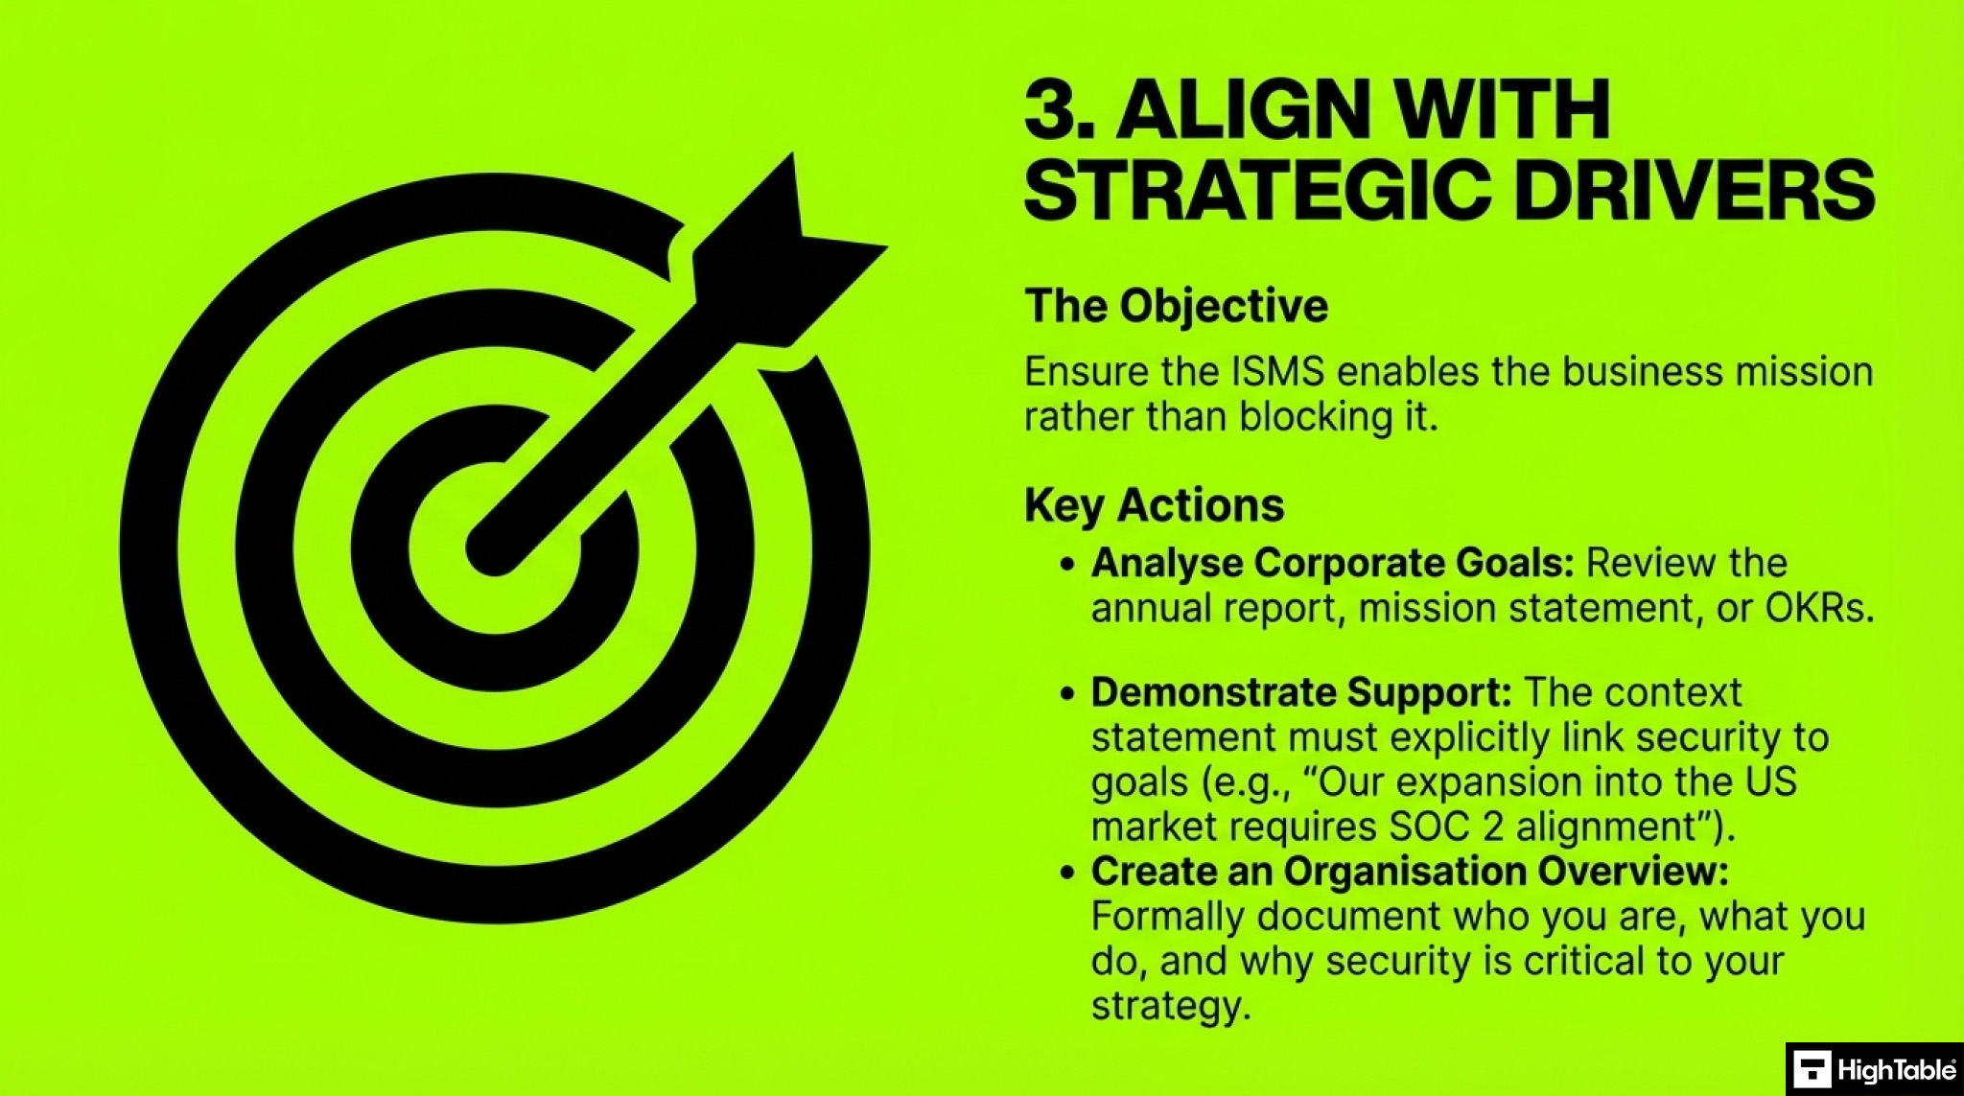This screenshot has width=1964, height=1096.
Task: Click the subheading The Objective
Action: click(1176, 307)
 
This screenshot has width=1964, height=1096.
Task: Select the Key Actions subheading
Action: click(1154, 505)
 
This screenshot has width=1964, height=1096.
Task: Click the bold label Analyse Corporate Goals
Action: click(1332, 563)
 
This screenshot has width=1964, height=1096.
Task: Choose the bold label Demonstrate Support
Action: click(1301, 692)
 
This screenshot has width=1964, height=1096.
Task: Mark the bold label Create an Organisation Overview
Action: click(1409, 872)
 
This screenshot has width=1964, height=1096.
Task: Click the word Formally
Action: click(1168, 917)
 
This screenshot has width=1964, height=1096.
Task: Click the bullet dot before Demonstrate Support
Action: click(1068, 693)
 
